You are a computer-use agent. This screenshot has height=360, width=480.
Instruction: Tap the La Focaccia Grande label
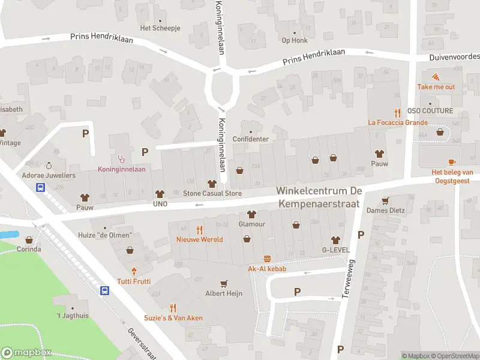(398, 123)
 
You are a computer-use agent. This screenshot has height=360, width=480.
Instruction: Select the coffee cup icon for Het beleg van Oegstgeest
(451, 162)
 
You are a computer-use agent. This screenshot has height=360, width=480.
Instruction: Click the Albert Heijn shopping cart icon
(224, 283)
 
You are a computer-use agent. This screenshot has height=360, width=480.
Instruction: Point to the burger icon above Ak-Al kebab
(267, 259)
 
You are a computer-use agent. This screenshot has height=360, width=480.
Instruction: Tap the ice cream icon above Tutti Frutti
(134, 271)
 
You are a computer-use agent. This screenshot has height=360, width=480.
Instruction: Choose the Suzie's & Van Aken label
(173, 318)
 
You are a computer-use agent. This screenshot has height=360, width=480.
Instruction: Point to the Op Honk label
(295, 41)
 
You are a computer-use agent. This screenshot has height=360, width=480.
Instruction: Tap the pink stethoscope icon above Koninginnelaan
(121, 159)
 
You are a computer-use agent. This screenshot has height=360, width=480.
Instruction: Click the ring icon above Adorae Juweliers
(49, 166)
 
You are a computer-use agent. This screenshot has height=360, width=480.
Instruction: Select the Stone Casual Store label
(212, 194)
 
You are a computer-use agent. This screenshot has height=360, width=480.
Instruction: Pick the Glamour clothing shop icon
(251, 214)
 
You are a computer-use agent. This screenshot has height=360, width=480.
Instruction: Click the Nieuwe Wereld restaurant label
(199, 239)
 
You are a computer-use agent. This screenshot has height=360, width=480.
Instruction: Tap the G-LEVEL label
(335, 250)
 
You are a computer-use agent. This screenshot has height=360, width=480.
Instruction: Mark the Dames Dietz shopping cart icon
(386, 200)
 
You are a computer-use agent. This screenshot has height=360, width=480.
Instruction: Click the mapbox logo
(27, 353)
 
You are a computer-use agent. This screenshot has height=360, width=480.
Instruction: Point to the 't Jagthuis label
(73, 316)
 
